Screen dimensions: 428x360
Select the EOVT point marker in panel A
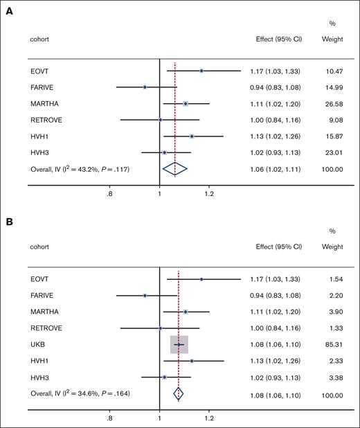[201, 71]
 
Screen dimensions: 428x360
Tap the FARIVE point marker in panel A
[145, 87]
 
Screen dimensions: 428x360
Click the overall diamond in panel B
[179, 393]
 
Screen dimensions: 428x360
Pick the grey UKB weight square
[179, 344]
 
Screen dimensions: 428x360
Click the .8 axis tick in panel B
[109, 419]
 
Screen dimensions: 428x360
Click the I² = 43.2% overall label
[75, 168]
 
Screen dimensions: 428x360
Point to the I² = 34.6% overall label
[75, 393]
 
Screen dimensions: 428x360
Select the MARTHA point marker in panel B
[186, 312]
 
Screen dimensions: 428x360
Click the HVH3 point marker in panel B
[164, 377]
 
